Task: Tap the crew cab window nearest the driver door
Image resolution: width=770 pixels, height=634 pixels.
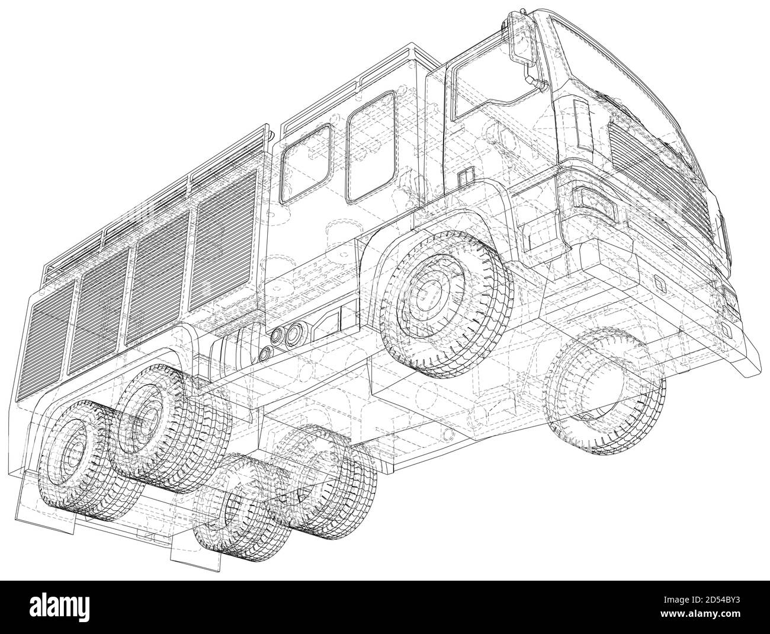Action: click(371, 145)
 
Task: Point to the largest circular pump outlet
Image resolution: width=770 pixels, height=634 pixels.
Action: click(293, 336)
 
